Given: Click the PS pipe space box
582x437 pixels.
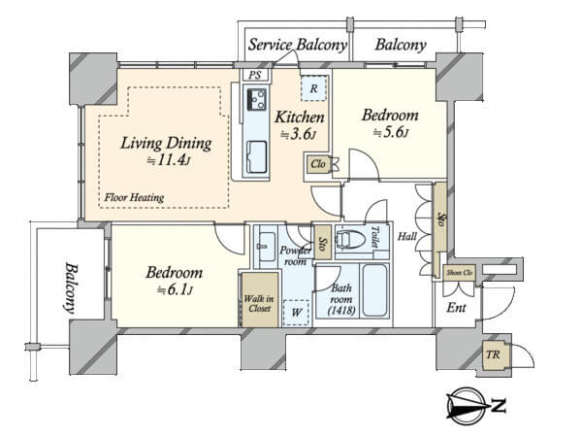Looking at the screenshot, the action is (x=254, y=75).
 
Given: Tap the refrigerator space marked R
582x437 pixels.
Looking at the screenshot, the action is (x=313, y=88).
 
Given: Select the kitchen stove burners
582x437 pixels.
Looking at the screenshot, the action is (x=256, y=99).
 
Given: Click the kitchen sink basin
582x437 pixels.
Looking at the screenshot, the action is (x=256, y=156).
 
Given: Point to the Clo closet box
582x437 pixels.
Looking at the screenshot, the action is (x=318, y=164).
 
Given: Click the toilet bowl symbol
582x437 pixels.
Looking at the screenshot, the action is (x=349, y=239).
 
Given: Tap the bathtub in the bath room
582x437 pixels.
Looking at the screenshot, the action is (x=375, y=290).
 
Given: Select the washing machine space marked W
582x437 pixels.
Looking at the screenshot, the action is (x=296, y=313).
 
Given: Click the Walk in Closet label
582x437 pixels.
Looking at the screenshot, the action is (x=259, y=303).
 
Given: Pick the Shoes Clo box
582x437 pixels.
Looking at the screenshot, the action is (x=459, y=273).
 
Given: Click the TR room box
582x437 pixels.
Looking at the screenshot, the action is (x=495, y=354).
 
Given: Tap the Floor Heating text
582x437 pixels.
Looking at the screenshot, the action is (x=134, y=197).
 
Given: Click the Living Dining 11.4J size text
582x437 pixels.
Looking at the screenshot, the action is (x=169, y=160).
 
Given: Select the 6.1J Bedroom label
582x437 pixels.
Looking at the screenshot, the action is (x=174, y=280).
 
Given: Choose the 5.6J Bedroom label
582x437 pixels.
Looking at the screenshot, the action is (x=390, y=122).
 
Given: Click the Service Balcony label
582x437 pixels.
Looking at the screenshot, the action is (x=298, y=45).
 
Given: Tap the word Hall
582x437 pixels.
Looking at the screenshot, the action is (x=407, y=236).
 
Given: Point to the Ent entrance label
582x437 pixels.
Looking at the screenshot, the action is (x=456, y=307).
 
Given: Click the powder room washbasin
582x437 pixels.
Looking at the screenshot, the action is (x=266, y=247).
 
